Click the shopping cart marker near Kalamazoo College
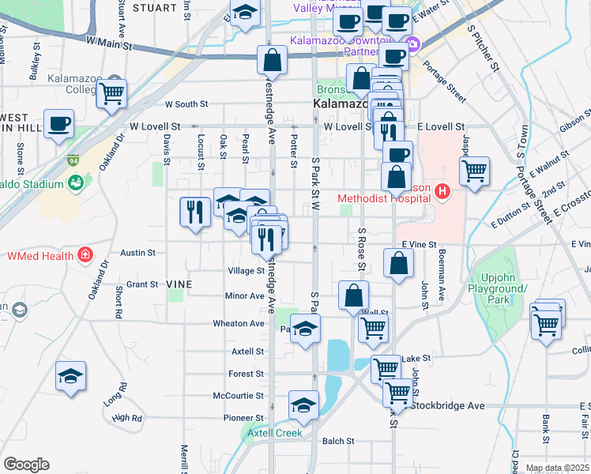click(111, 94)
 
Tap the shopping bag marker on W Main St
click(272, 60)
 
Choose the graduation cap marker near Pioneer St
click(303, 406)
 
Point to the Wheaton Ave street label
click(238, 323)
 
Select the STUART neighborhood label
click(155, 7)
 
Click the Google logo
click(26, 465)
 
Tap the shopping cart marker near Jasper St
click(474, 171)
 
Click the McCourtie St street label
click(238, 395)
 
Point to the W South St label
click(186, 103)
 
